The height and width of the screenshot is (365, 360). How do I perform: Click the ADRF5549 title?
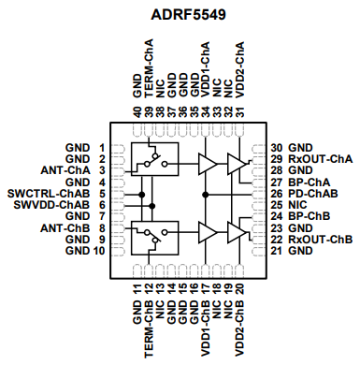[180, 16]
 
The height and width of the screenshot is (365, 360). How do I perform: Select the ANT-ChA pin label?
[65, 170]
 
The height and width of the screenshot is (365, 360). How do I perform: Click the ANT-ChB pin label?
[65, 227]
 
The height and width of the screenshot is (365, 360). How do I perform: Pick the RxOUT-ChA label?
[320, 159]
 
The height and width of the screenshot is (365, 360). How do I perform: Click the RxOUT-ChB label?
[320, 239]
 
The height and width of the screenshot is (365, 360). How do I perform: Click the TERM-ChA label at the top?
[149, 72]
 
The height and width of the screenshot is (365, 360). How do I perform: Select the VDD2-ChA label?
[240, 72]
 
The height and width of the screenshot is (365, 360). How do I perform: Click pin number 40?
[137, 111]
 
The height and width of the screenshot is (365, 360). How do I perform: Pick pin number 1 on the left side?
[100, 148]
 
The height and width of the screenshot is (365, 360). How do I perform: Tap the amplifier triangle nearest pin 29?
[239, 164]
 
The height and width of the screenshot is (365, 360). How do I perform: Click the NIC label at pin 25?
[298, 204]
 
